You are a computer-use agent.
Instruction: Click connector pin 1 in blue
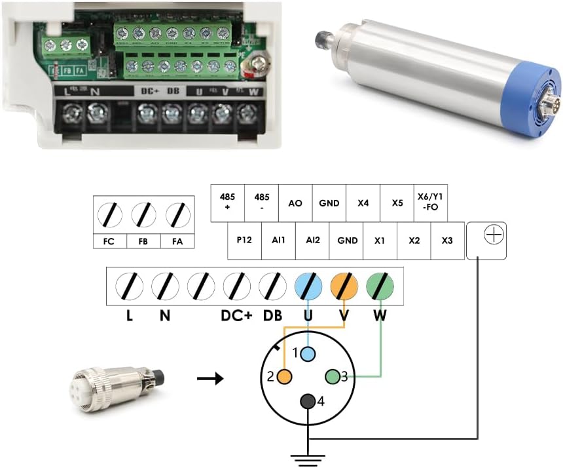coord(308,354)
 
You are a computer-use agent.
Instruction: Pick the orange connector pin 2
coord(284,376)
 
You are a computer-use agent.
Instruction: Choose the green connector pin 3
coord(333,376)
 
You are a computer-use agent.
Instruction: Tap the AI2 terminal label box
coord(312,241)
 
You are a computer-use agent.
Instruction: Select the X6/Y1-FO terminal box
coord(431,203)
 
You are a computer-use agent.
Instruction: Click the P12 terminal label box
coord(244,241)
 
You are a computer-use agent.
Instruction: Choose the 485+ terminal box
coord(227,203)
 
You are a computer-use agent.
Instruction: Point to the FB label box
coord(143,241)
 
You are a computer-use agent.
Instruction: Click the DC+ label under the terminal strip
coord(236,316)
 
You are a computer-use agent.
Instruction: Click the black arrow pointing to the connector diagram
coord(210,379)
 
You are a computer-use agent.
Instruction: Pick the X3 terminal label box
coord(447,241)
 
